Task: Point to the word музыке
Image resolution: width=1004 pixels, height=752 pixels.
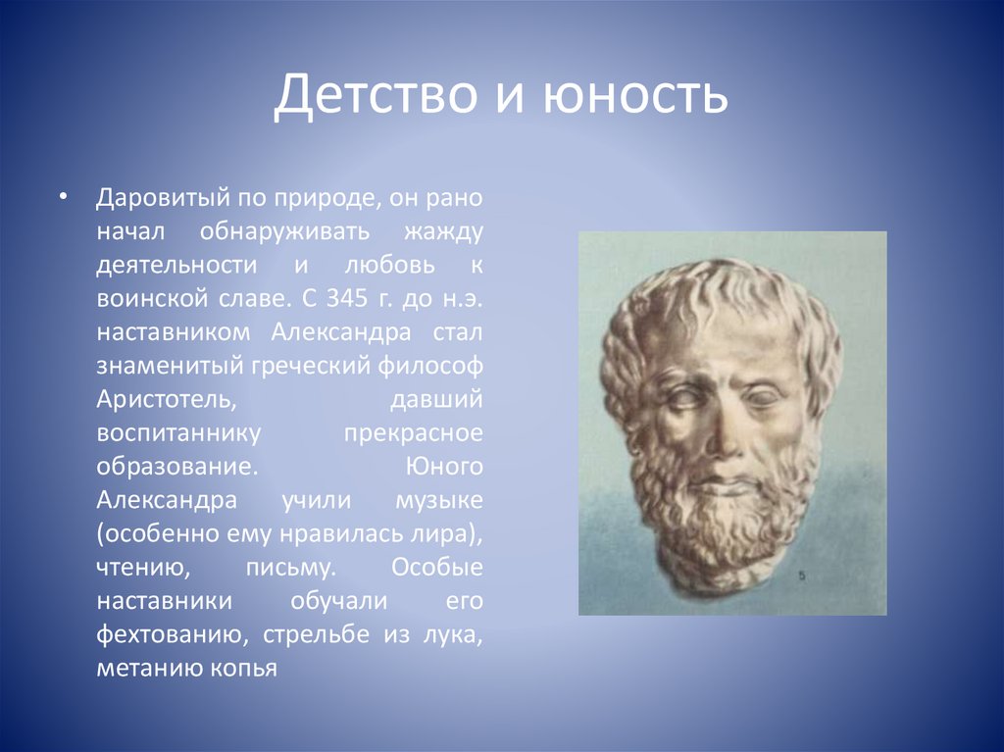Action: [439, 500]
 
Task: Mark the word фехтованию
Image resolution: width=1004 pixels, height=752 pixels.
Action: [170, 634]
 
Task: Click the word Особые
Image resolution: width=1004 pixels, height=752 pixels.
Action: [437, 568]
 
